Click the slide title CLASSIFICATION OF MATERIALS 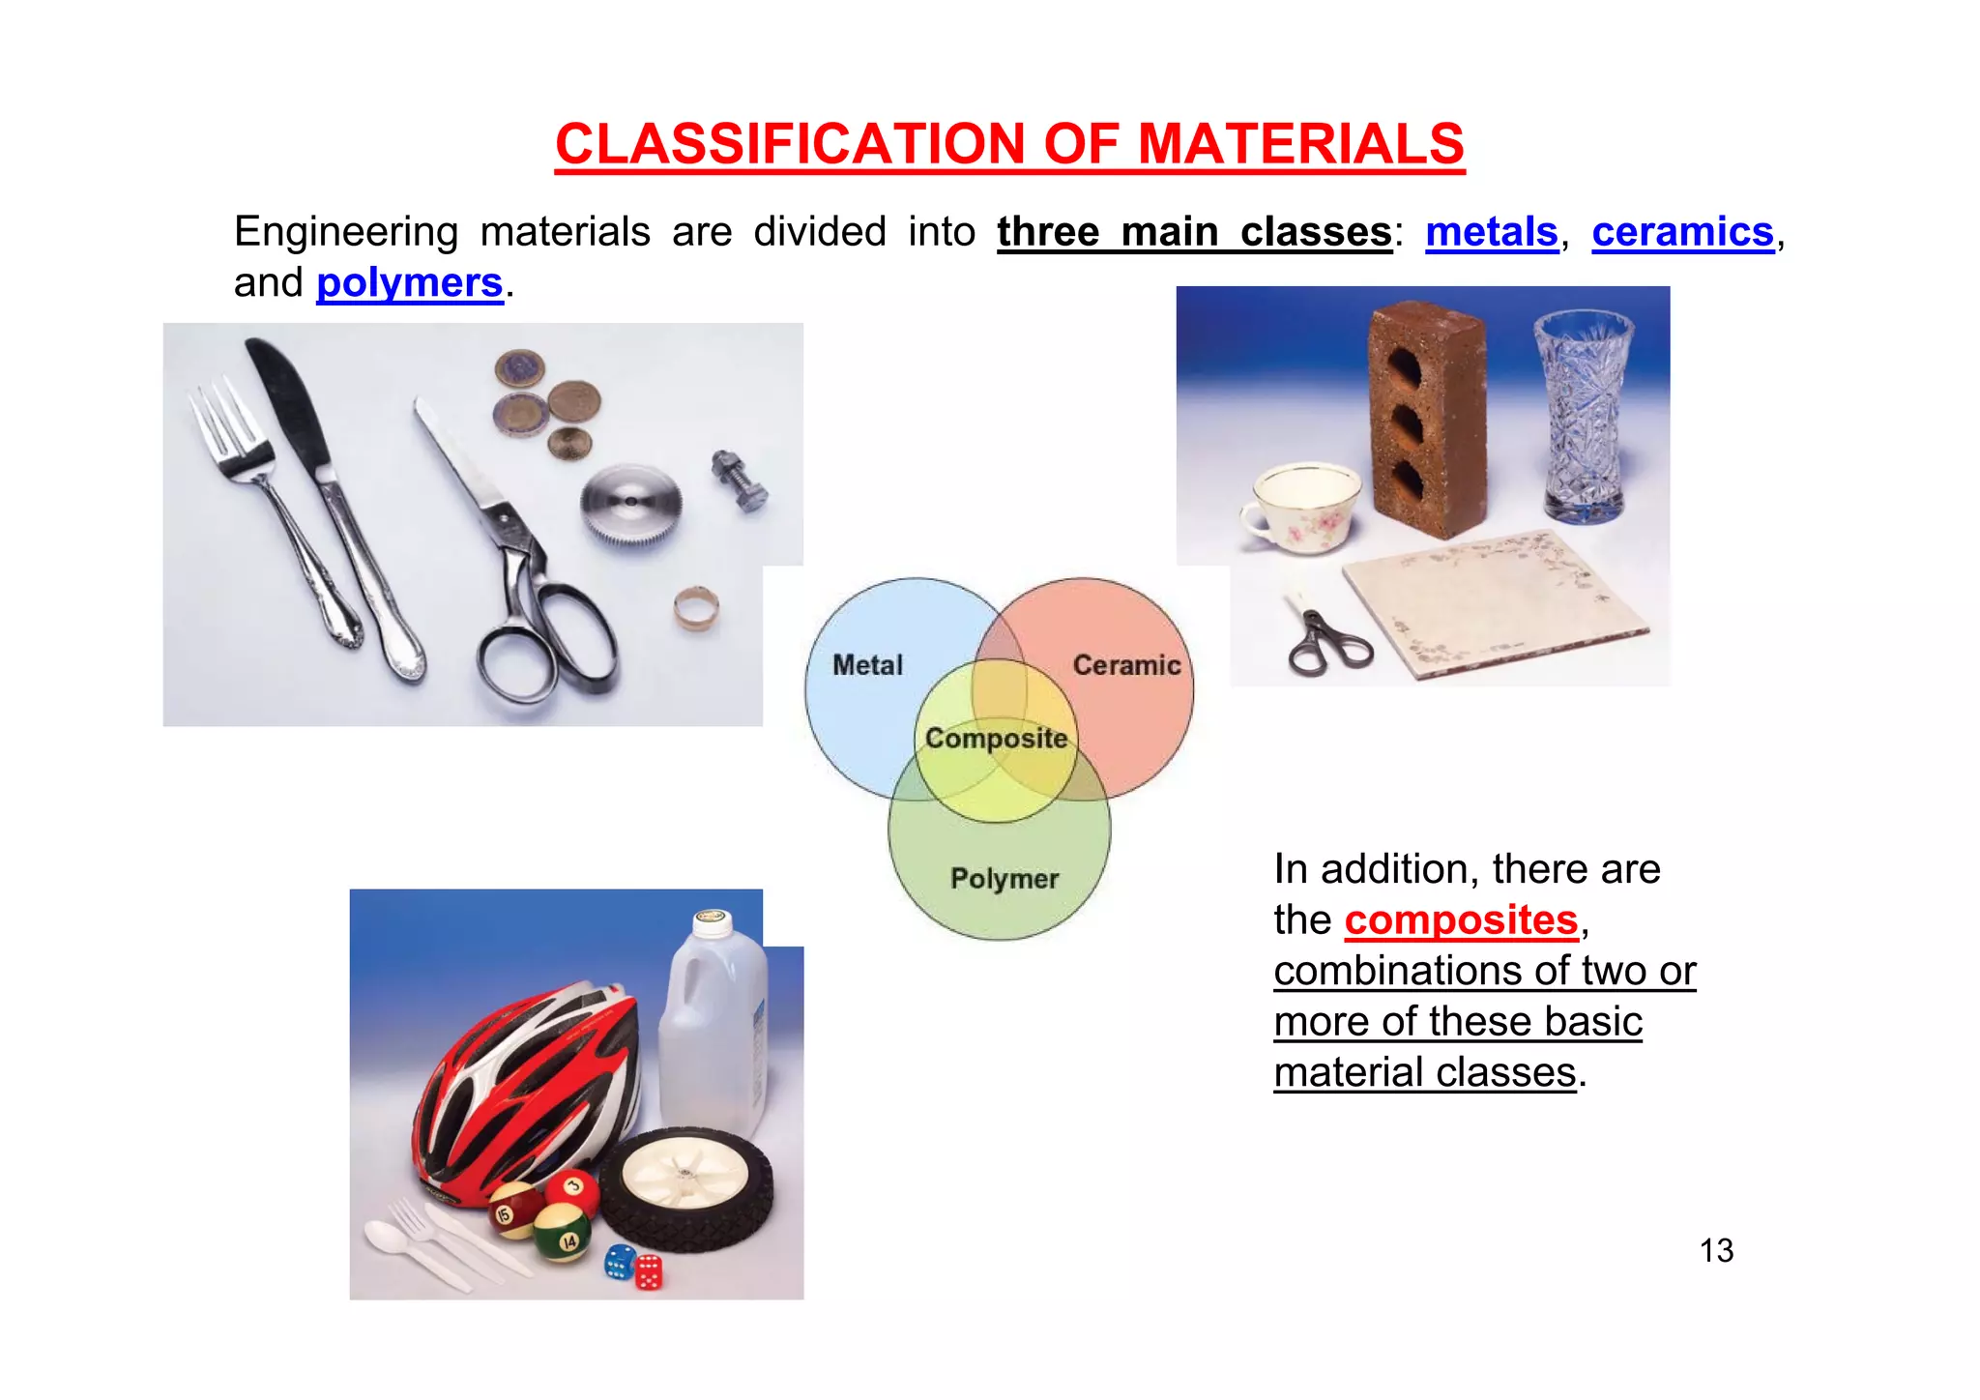click(1009, 145)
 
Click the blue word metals click(1491, 232)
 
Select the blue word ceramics click(1682, 232)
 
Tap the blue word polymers click(409, 283)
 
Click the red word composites click(1460, 919)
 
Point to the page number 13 click(1716, 1250)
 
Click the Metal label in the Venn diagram click(867, 665)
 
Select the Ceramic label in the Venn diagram click(1126, 665)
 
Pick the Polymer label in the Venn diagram click(1005, 879)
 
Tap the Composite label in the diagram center click(996, 739)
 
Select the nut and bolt click(740, 481)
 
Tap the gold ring click(696, 608)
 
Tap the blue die click(619, 1261)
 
